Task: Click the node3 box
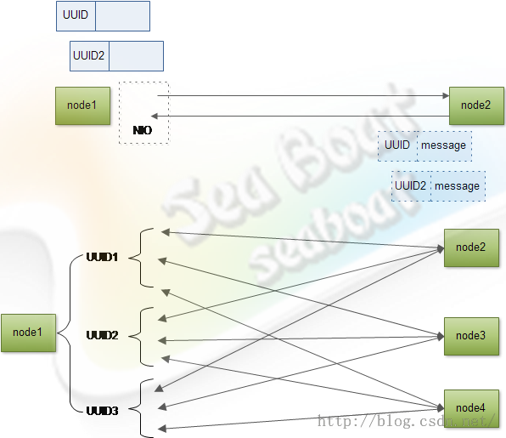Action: click(x=471, y=336)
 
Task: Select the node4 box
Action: click(x=471, y=408)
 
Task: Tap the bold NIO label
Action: click(x=143, y=130)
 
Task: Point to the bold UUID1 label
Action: click(x=102, y=258)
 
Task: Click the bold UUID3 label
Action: click(x=102, y=411)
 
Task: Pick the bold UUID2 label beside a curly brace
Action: click(x=102, y=335)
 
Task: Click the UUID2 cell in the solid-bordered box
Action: click(x=89, y=56)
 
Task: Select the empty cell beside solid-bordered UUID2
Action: click(x=136, y=56)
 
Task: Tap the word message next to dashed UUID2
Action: click(x=457, y=186)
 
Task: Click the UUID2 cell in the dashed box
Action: click(x=411, y=186)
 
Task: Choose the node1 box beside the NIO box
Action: click(x=82, y=105)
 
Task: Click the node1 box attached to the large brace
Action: click(x=28, y=333)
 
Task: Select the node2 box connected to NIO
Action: click(x=476, y=105)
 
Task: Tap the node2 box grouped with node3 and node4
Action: click(x=471, y=248)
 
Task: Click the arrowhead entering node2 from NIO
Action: click(x=446, y=96)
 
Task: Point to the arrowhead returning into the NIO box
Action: click(x=155, y=116)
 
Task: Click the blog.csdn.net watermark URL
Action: click(x=406, y=421)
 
